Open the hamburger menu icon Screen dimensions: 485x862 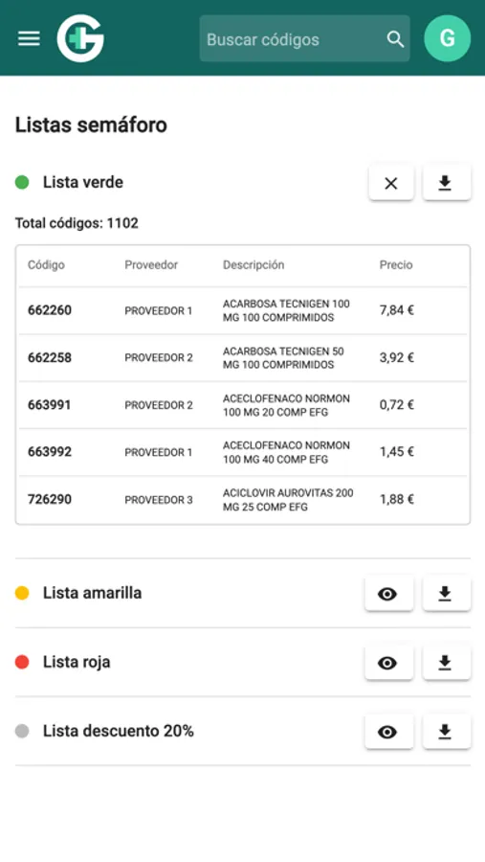(30, 38)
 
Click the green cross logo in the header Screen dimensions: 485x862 (80, 39)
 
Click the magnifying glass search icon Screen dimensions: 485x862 (395, 39)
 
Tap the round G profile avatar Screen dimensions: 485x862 (447, 39)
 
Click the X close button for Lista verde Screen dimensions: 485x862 (390, 183)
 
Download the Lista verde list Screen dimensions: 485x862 (445, 183)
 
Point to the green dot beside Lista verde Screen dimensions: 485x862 (22, 182)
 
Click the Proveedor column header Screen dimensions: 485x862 (151, 265)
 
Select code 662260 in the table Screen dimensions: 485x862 (50, 310)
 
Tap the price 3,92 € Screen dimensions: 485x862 (396, 357)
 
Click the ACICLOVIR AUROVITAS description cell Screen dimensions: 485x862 (287, 499)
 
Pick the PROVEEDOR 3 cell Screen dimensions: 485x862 (159, 500)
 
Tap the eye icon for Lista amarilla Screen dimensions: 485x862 (387, 594)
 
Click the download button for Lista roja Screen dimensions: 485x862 (445, 662)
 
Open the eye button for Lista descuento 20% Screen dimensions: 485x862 (387, 732)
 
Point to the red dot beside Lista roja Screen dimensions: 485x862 (22, 662)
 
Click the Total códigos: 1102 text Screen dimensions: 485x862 (77, 223)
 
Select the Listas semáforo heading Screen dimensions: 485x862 (91, 125)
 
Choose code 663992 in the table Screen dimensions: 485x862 (50, 452)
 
